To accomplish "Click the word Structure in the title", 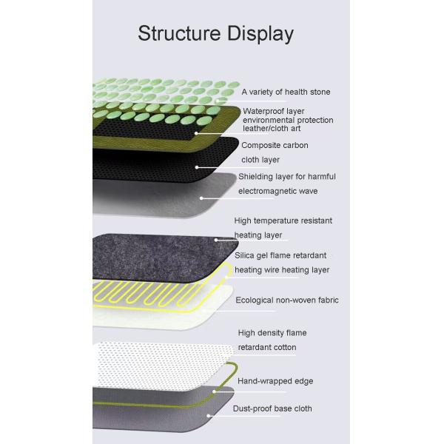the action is point(179,33).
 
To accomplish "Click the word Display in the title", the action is point(260,34).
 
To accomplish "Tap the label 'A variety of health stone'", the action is point(286,92).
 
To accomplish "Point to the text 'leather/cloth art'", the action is point(272,128).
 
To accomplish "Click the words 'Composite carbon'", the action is point(275,145).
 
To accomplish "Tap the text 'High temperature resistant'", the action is point(283,221).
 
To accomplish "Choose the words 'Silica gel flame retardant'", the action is point(280,255).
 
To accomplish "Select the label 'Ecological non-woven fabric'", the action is point(287,300).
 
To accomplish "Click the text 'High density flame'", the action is point(272,333).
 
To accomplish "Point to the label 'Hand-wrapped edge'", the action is point(275,381).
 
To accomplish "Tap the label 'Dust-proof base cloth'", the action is point(272,408).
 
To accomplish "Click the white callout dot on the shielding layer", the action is point(201,198).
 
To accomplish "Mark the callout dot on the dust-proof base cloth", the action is point(209,416).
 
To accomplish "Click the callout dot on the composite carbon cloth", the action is point(197,167).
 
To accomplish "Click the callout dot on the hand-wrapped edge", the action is point(215,391).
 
